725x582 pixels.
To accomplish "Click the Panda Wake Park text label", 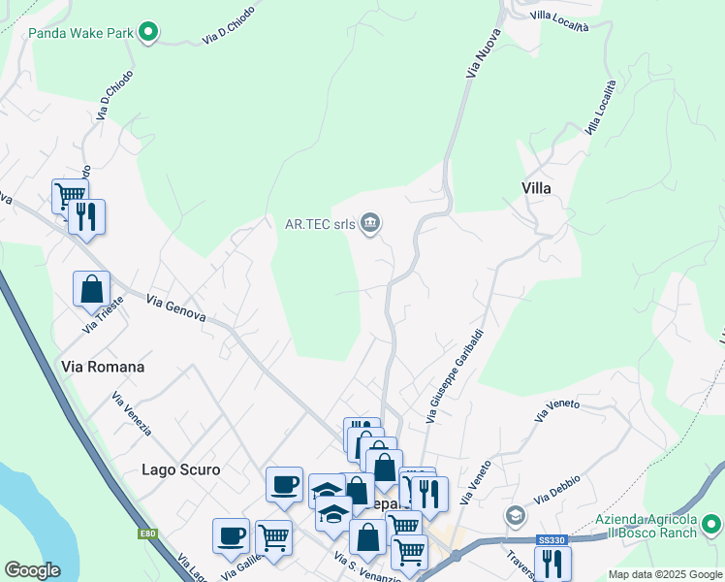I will click(80, 33).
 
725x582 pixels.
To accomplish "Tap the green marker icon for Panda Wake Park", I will click(148, 33).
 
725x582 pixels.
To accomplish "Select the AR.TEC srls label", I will click(319, 225).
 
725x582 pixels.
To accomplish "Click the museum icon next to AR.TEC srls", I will click(369, 225).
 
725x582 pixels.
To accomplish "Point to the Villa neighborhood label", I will click(536, 188).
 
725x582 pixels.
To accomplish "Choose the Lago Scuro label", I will click(180, 469).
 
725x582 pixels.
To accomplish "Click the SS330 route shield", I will click(551, 540).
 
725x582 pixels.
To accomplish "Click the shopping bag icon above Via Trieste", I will click(91, 288).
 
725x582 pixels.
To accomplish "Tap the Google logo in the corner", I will click(32, 570).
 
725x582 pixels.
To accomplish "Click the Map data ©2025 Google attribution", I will click(665, 574).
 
